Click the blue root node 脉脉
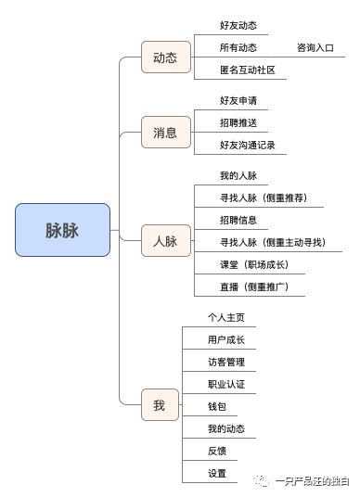(x=62, y=230)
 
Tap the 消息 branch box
(x=164, y=132)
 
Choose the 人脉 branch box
(x=164, y=242)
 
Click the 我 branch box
(x=159, y=405)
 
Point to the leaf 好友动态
(x=238, y=25)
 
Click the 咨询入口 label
(x=315, y=47)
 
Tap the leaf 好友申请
(x=238, y=100)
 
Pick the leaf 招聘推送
(x=238, y=122)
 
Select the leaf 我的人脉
(x=238, y=175)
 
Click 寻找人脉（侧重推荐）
(x=270, y=198)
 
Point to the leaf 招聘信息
(x=238, y=220)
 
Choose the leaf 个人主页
(x=226, y=317)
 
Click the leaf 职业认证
(x=226, y=384)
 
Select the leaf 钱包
(x=217, y=406)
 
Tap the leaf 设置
(x=217, y=473)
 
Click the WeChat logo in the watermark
(x=261, y=480)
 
